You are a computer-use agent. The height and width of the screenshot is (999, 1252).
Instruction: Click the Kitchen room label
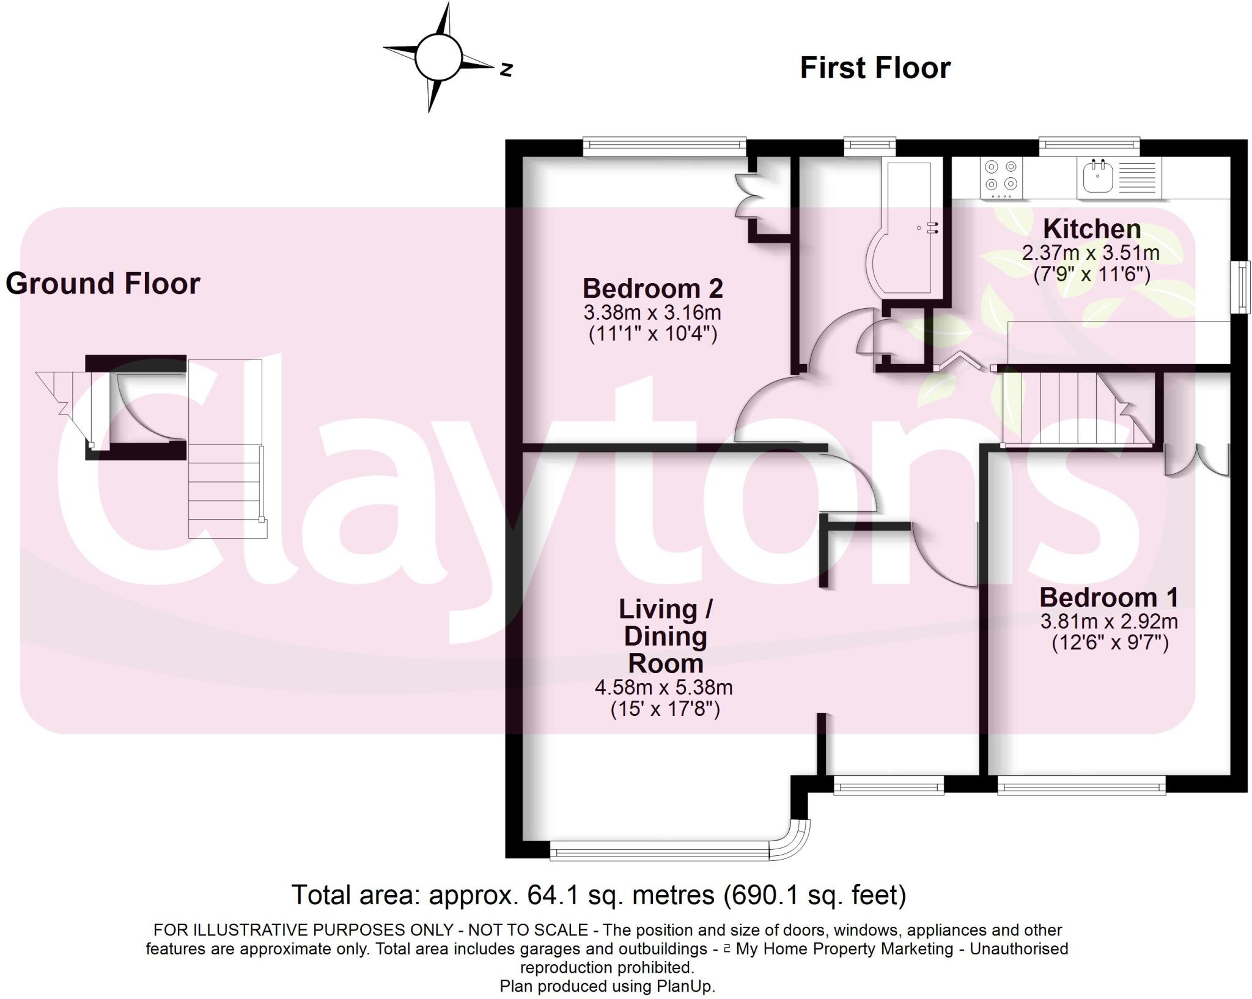coord(1091,229)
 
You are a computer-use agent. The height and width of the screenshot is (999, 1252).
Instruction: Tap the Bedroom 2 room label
coord(652,288)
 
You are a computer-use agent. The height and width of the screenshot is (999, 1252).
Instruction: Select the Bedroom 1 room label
coord(1108,597)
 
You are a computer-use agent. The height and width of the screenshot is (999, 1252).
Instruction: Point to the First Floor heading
coord(875,68)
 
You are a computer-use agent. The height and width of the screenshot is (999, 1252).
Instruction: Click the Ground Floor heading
coord(103,284)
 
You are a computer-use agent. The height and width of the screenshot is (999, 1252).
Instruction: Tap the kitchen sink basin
coord(1098,177)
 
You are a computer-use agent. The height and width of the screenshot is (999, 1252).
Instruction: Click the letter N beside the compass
coord(506,70)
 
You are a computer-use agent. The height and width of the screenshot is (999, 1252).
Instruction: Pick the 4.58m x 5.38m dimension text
coord(663,687)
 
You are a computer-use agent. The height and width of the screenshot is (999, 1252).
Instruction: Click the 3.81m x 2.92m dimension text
coord(1109,622)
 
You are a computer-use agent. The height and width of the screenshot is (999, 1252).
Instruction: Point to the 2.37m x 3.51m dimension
coord(1091,253)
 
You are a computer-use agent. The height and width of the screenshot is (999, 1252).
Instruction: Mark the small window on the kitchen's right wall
coord(1240,287)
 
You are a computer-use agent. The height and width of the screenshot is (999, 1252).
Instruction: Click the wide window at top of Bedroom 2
coord(664,145)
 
